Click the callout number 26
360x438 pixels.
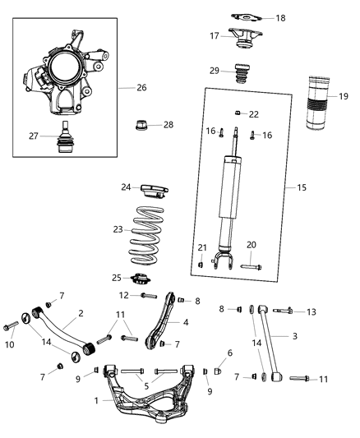[141, 88]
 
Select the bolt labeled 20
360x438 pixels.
[251, 265]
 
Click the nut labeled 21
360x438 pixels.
[202, 262]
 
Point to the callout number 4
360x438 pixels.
[186, 322]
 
